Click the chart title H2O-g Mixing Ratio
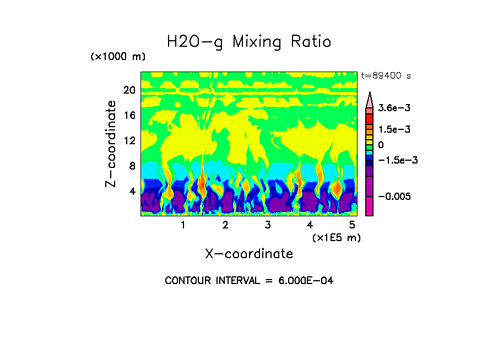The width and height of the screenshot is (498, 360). click(249, 42)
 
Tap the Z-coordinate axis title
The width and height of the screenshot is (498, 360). click(111, 143)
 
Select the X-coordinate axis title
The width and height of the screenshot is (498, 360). click(249, 254)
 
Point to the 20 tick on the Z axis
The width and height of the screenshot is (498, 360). click(129, 90)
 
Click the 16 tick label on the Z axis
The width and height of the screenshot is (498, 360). click(129, 116)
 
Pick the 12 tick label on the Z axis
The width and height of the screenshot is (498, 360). click(129, 141)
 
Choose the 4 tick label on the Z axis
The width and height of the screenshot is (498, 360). click(132, 192)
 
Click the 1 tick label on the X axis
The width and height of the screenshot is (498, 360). click(183, 225)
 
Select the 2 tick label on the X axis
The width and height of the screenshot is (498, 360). click(225, 225)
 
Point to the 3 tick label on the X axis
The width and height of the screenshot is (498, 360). click(267, 225)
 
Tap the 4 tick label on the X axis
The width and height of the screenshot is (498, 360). click(310, 225)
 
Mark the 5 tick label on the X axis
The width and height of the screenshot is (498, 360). click(351, 225)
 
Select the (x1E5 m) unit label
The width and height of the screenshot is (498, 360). click(336, 237)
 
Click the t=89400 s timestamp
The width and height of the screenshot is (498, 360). click(386, 76)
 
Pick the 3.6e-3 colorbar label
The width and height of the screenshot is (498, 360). click(391, 108)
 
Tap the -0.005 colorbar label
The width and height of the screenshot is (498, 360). click(392, 197)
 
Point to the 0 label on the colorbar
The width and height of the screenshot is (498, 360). click(381, 145)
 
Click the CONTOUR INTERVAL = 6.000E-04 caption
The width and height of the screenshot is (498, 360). click(249, 281)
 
